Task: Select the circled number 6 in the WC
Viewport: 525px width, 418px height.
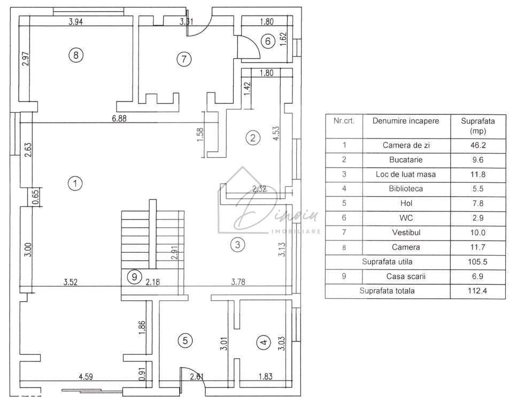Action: (268, 40)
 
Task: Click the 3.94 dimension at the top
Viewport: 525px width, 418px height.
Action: (78, 22)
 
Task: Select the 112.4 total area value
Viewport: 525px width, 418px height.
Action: (477, 291)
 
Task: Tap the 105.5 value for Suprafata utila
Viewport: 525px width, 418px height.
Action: (477, 262)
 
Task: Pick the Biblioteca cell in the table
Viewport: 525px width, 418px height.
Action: (406, 189)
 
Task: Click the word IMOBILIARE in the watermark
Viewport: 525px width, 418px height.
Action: (297, 231)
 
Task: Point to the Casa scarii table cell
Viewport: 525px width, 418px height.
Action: (406, 276)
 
